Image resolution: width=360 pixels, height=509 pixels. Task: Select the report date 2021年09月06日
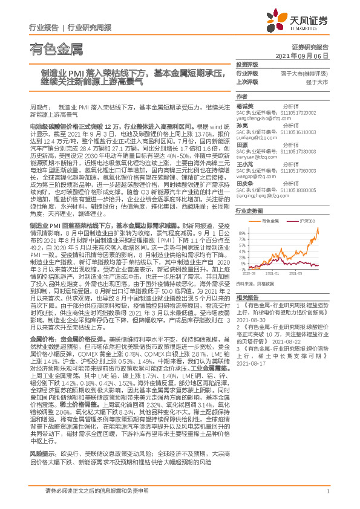tap(306, 55)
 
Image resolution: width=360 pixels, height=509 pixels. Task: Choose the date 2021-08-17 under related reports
tap(250, 363)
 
